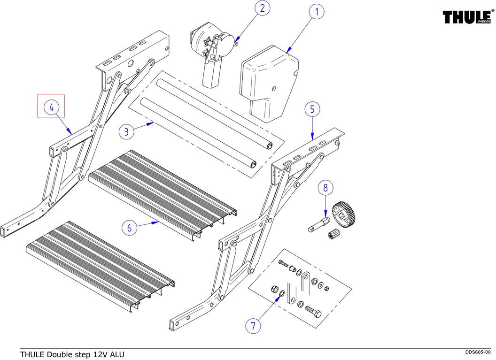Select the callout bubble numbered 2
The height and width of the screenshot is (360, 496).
[x=262, y=8]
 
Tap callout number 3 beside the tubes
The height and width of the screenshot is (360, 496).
[x=126, y=131]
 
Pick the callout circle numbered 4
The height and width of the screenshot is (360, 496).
[x=51, y=107]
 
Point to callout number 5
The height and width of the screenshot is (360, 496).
[x=312, y=109]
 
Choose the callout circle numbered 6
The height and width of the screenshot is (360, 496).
[x=130, y=228]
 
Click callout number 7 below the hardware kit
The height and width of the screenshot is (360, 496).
[x=253, y=325]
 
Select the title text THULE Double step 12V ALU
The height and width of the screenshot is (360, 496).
[x=72, y=354]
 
